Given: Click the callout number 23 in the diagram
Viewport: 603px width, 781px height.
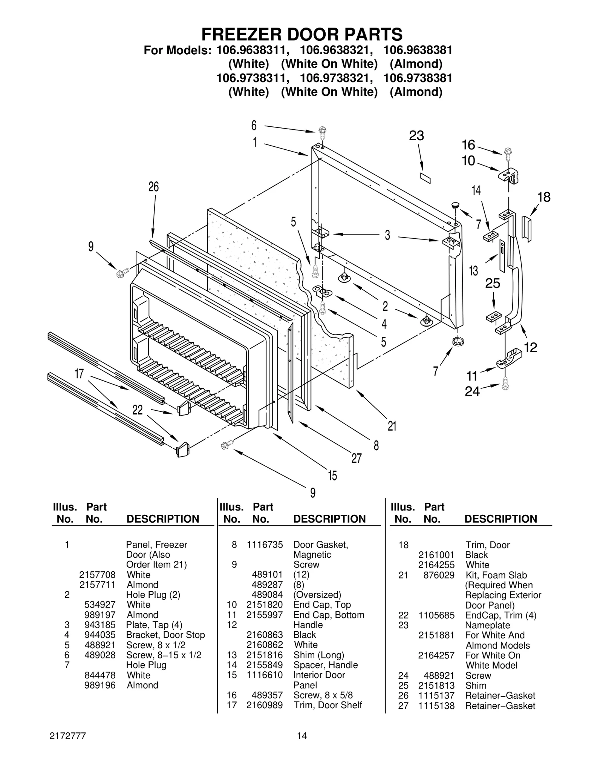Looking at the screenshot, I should [x=416, y=136].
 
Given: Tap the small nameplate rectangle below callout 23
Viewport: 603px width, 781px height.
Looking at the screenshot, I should [x=425, y=178].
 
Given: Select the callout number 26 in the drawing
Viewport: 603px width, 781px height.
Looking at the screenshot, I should [x=153, y=187].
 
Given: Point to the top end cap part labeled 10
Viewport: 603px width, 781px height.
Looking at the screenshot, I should [x=510, y=176].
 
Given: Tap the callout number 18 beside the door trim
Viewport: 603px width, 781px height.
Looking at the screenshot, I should [x=544, y=197].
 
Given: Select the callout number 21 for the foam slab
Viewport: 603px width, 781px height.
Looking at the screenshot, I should [x=392, y=426].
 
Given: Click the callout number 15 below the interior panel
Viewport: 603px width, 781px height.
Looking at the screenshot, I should [x=332, y=476].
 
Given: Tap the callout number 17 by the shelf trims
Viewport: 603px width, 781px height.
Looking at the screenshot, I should [x=79, y=374].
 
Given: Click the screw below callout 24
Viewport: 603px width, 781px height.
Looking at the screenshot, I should [x=505, y=385].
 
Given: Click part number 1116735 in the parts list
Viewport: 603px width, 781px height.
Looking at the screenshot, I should [x=265, y=545].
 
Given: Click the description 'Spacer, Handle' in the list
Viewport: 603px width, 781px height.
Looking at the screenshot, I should [x=325, y=665].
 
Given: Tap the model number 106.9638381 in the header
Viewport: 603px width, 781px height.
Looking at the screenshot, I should [x=418, y=50].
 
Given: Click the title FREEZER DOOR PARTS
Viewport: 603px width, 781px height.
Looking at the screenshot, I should [x=301, y=34].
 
